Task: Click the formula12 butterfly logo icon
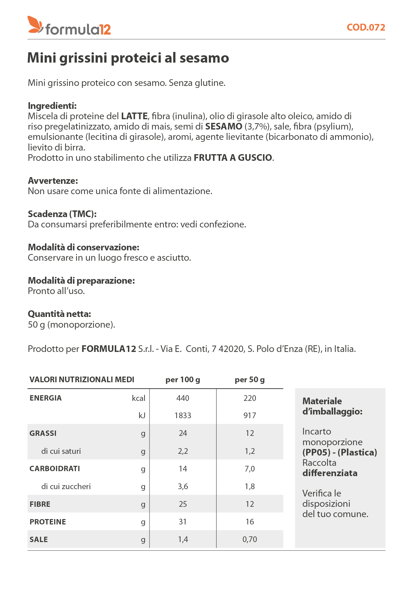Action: coord(35,25)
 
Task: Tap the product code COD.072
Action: coord(366,27)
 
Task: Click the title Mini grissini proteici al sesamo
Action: coord(128,58)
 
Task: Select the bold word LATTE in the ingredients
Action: coord(134,116)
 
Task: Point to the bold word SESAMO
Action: coord(223,127)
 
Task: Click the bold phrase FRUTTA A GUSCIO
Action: coord(233,158)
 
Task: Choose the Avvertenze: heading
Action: coord(53,181)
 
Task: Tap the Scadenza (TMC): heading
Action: coord(62,214)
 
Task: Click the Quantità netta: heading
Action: coord(59,314)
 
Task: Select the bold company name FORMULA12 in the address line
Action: coord(109,349)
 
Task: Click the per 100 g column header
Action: coord(183,380)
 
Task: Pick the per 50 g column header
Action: coord(249,380)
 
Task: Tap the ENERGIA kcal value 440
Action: coord(183,398)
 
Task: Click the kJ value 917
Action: coord(249,416)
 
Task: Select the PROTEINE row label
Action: coord(48,522)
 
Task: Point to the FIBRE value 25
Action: coord(183,504)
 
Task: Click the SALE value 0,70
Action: coord(249,539)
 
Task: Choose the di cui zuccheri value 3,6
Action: coord(183,486)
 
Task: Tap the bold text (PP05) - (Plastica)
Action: coord(339,452)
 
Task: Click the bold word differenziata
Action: coord(330,473)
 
